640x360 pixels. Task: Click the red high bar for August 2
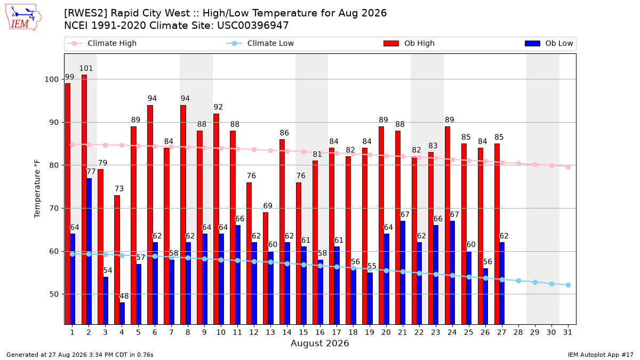(x=84, y=199)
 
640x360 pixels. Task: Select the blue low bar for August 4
(x=122, y=314)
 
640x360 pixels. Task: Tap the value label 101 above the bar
(x=86, y=68)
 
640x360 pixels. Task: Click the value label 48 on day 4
(x=124, y=296)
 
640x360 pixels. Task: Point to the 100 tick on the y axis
(x=52, y=79)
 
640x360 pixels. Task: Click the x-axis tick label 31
(x=567, y=332)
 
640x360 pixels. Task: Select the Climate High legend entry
(x=102, y=43)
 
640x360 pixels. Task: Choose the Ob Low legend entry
(x=549, y=43)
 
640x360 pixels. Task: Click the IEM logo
(x=23, y=18)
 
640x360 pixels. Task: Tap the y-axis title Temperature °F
(x=37, y=189)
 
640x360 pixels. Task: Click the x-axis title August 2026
(x=319, y=343)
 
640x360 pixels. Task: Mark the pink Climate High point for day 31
(x=568, y=167)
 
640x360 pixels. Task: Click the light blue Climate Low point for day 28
(x=518, y=281)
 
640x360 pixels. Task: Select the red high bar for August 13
(x=266, y=268)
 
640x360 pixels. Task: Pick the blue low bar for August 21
(x=403, y=273)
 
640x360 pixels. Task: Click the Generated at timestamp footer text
(x=79, y=355)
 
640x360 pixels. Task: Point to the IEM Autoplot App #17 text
(x=601, y=355)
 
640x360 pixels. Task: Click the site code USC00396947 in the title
(x=253, y=26)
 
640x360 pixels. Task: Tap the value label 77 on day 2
(x=91, y=171)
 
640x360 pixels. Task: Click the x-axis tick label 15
(x=303, y=332)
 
